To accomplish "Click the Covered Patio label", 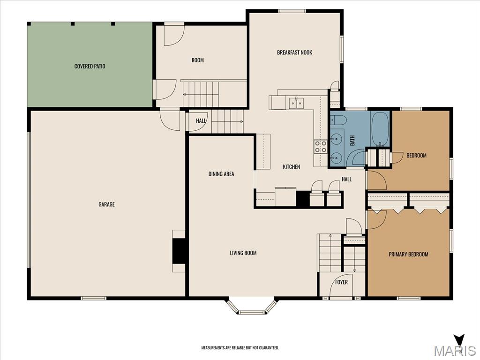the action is click(x=90, y=66).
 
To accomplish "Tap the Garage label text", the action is click(x=106, y=204).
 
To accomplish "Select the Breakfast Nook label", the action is click(x=294, y=52).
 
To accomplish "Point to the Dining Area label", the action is click(x=221, y=174).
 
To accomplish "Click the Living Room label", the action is click(x=243, y=253).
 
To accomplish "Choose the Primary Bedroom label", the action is click(x=408, y=254).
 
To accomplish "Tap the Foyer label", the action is click(x=341, y=282).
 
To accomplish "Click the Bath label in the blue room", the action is click(x=352, y=141).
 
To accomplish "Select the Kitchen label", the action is click(x=292, y=167).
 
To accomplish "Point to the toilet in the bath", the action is click(x=338, y=120).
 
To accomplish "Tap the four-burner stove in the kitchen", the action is click(x=320, y=146).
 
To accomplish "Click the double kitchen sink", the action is click(x=296, y=103).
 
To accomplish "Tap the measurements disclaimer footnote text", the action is click(x=240, y=348).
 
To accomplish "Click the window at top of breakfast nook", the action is click(x=292, y=11).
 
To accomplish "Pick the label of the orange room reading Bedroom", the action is click(x=416, y=156).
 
